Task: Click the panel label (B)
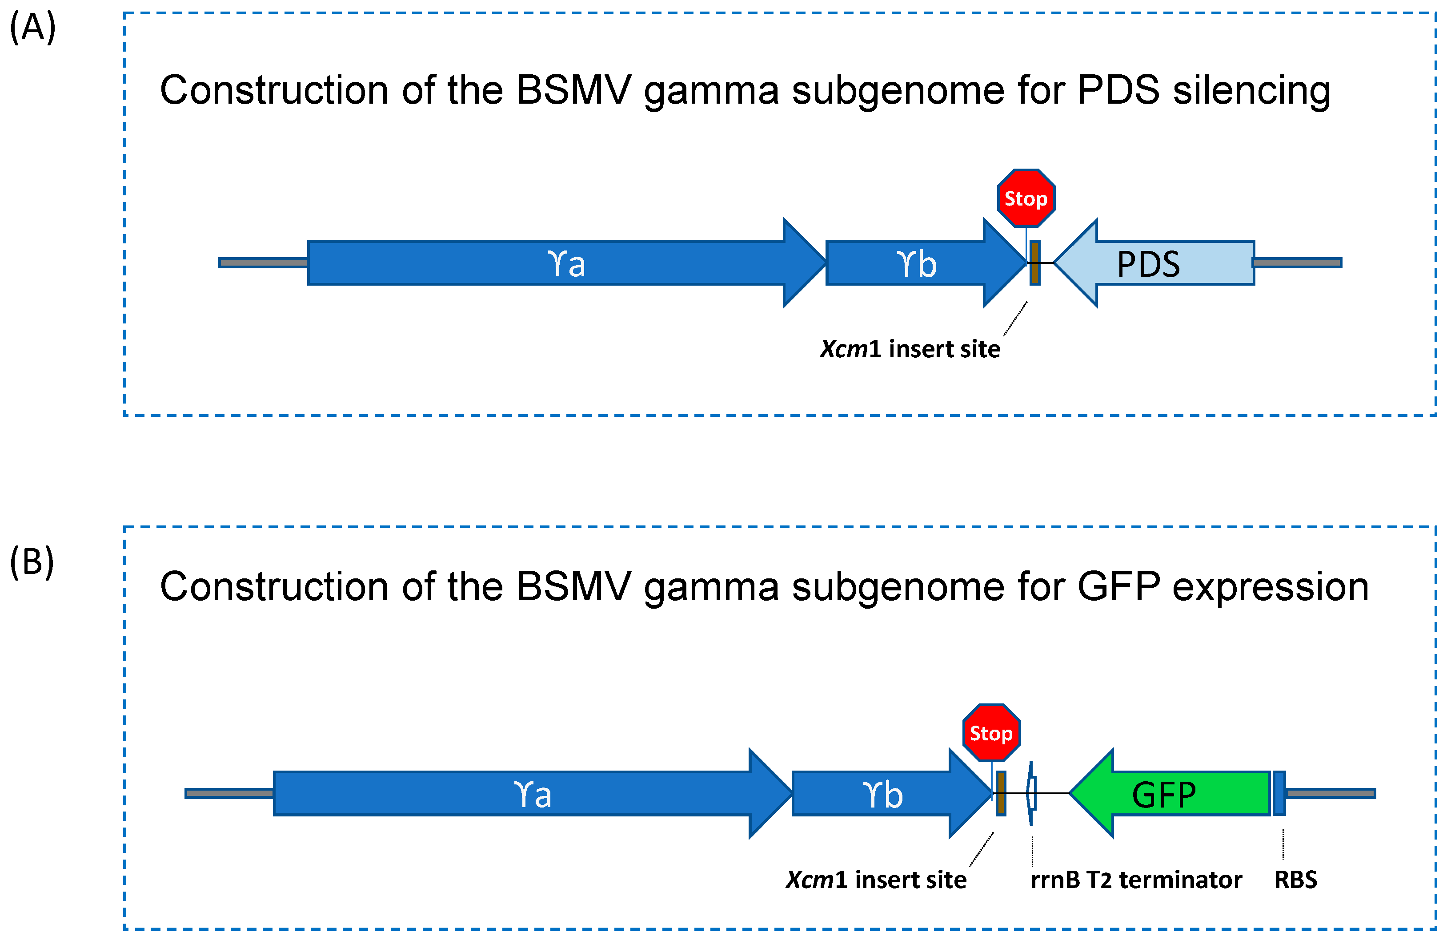(32, 562)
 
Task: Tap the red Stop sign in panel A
(1026, 198)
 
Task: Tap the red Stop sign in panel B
(991, 733)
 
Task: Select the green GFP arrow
(1170, 794)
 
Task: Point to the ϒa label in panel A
(566, 264)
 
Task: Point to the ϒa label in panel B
(532, 794)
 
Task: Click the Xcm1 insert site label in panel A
(910, 349)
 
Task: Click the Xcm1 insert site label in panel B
(876, 880)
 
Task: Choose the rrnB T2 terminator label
(1136, 880)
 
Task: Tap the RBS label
(1296, 880)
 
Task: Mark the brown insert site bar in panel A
(1035, 263)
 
